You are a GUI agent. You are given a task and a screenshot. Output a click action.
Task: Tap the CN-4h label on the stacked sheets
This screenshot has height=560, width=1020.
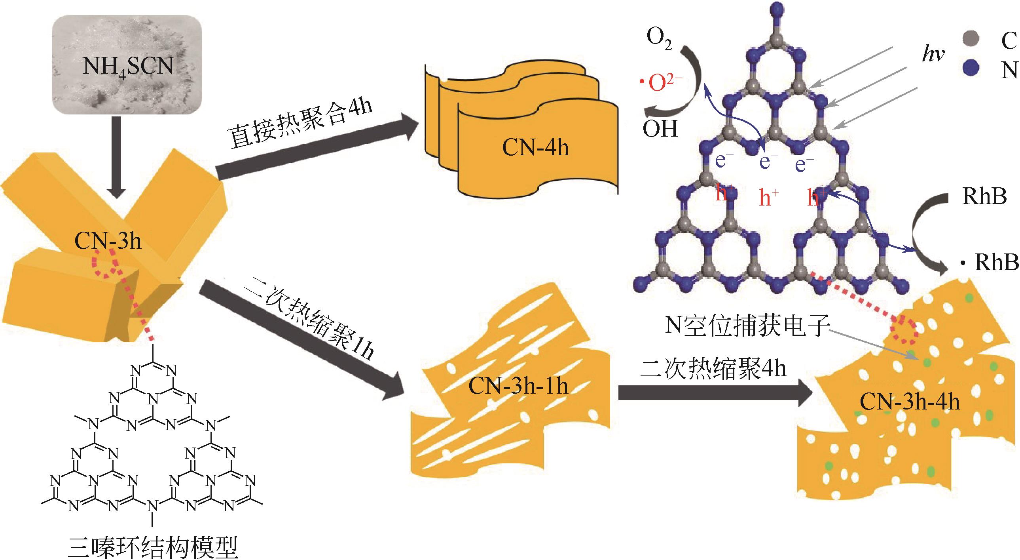535,147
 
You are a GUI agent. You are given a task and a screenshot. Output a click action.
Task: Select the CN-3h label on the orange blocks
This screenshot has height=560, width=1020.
108,240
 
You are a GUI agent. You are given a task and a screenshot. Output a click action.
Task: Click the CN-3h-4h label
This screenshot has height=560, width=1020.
910,402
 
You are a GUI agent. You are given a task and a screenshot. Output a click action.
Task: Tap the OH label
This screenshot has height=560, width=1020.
660,129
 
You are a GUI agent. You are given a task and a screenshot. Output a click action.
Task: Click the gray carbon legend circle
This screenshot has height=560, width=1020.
971,39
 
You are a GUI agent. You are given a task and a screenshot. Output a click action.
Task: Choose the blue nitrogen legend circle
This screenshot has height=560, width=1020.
971,67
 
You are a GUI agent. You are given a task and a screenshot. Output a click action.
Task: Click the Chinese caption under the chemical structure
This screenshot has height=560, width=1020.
153,547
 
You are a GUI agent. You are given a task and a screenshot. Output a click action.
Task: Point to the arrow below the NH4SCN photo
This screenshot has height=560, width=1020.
116,156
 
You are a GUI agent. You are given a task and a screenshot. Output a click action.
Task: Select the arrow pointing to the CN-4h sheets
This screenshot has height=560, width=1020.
317,147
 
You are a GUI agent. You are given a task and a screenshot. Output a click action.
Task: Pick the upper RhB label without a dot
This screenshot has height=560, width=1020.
984,196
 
